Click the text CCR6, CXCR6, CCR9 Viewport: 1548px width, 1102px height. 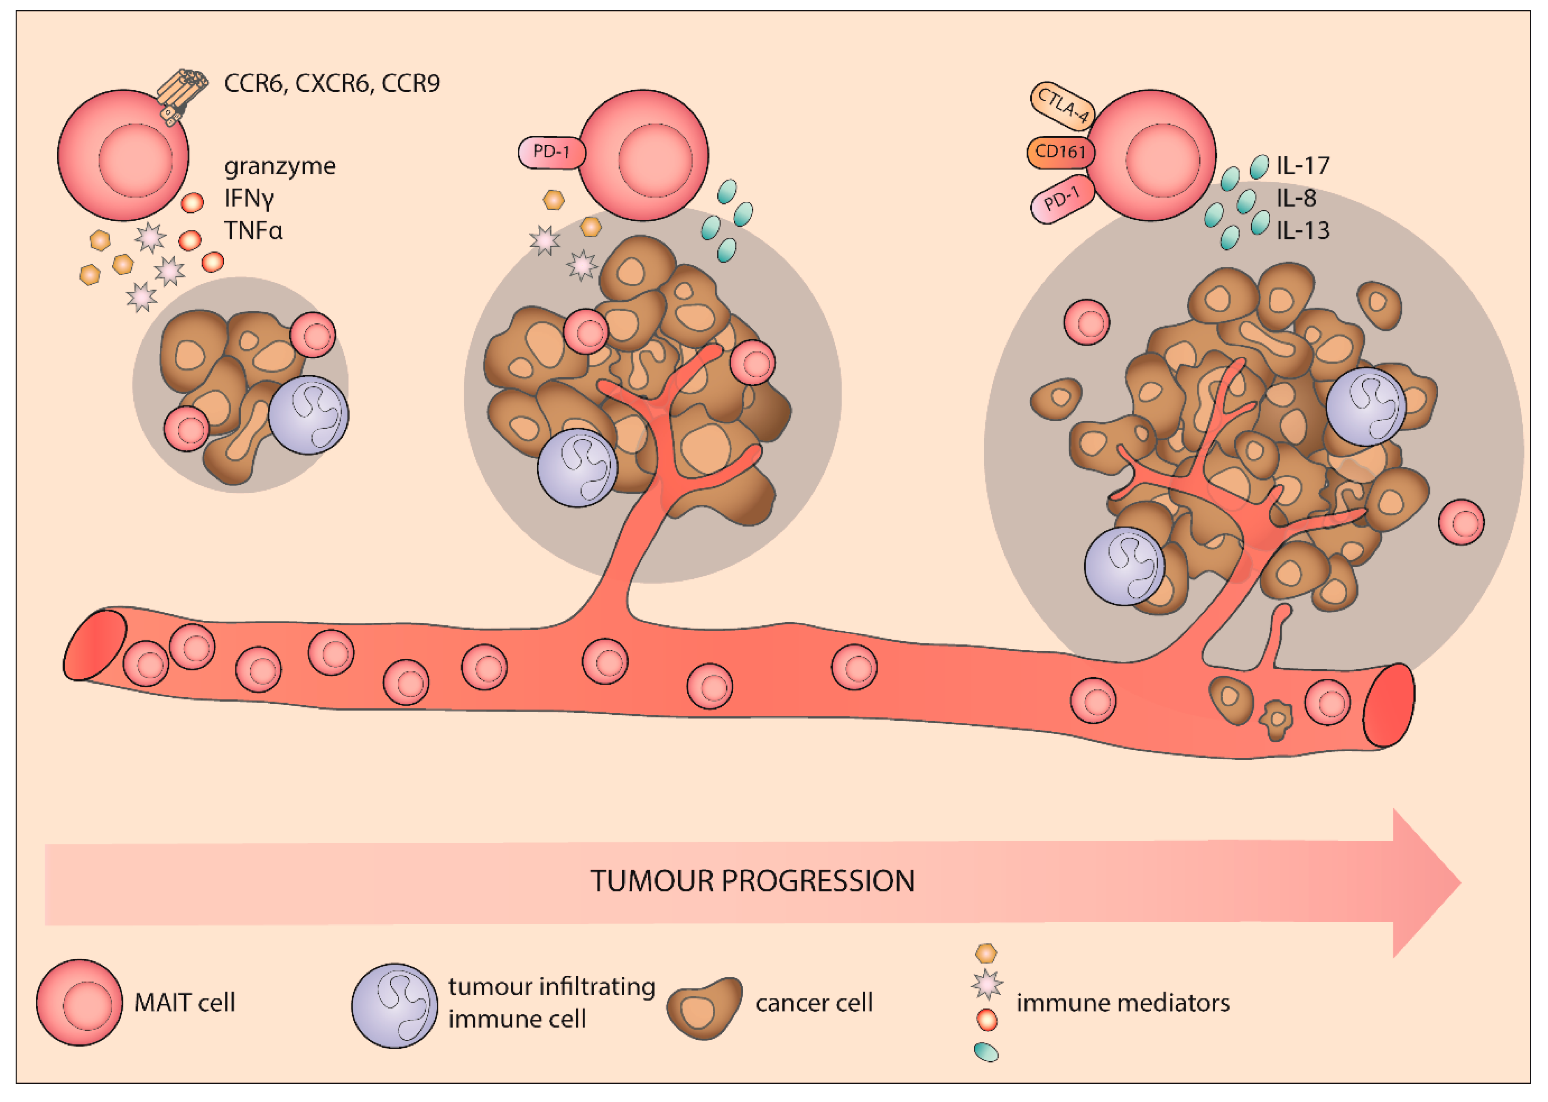click(x=332, y=84)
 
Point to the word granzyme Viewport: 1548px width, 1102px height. click(x=280, y=166)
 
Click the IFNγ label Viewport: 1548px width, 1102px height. click(x=249, y=198)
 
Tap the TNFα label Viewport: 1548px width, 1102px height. click(x=253, y=231)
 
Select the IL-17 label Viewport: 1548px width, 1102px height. click(x=1302, y=166)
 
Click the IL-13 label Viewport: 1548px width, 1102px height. click(x=1302, y=231)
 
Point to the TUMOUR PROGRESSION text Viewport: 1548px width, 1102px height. click(x=752, y=881)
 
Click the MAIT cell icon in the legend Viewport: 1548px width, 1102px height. click(x=79, y=1002)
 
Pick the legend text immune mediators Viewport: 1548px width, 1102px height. click(x=1123, y=1002)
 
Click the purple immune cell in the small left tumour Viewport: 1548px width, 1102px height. click(x=308, y=415)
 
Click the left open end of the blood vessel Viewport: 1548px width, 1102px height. click(x=95, y=645)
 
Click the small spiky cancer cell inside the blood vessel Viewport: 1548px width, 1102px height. click(x=1276, y=720)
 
